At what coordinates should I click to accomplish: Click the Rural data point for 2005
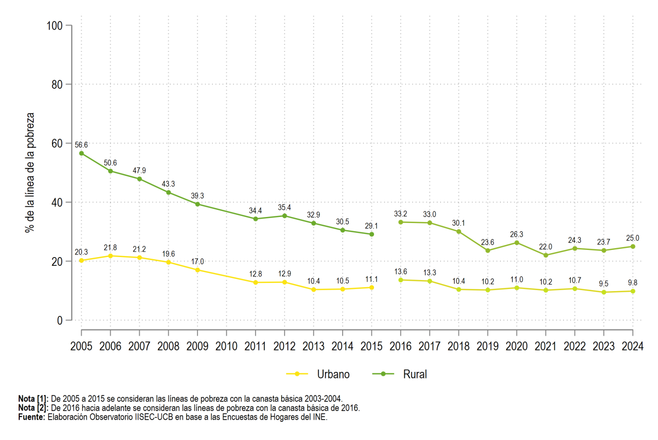(x=81, y=153)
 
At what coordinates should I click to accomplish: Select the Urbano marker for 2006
(x=110, y=256)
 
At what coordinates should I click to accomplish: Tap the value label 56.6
(x=81, y=145)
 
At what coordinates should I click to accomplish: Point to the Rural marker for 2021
(x=546, y=255)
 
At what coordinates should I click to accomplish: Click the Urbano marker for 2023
(x=604, y=292)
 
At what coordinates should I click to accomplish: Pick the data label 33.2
(x=400, y=214)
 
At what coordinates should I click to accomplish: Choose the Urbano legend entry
(x=318, y=374)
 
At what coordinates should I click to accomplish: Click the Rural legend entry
(x=400, y=374)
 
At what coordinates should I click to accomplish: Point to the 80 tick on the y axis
(x=57, y=85)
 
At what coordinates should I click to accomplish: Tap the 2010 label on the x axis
(x=226, y=346)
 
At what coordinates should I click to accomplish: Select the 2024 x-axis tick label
(x=633, y=346)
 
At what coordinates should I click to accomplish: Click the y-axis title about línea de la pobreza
(x=30, y=173)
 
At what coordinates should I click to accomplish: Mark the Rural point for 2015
(x=372, y=234)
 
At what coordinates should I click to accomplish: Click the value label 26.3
(x=517, y=234)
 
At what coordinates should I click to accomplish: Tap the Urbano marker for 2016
(x=401, y=280)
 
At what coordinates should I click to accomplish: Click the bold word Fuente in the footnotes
(x=32, y=417)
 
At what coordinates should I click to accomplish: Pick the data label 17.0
(x=197, y=261)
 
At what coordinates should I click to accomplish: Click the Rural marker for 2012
(x=285, y=216)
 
